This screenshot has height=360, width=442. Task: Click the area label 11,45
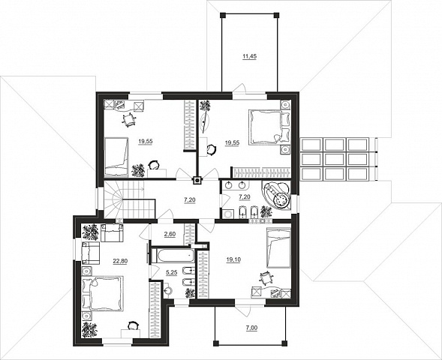pyautogui.click(x=249, y=56)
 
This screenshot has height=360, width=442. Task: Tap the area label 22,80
pyautogui.click(x=120, y=261)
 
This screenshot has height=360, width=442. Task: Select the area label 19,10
pyautogui.click(x=233, y=260)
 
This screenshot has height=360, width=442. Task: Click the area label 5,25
pyautogui.click(x=171, y=272)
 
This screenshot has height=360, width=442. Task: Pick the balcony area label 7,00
pyautogui.click(x=251, y=328)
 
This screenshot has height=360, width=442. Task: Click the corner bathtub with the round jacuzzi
pyautogui.click(x=276, y=195)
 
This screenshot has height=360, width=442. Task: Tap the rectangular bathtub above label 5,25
pyautogui.click(x=173, y=256)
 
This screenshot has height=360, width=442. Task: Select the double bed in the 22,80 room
pyautogui.click(x=103, y=293)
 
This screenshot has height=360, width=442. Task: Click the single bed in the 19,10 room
pyautogui.click(x=278, y=247)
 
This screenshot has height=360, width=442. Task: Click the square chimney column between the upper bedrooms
pyautogui.click(x=197, y=180)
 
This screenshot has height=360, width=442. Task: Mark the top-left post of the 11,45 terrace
pyautogui.click(x=222, y=15)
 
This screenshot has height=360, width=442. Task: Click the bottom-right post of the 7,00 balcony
pyautogui.click(x=284, y=343)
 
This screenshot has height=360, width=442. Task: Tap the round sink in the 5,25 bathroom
pyautogui.click(x=168, y=290)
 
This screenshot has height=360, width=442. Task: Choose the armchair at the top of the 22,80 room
pyautogui.click(x=113, y=232)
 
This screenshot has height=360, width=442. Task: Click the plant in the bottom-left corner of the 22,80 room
pyautogui.click(x=90, y=329)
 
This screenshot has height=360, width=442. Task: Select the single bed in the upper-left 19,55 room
pyautogui.click(x=116, y=157)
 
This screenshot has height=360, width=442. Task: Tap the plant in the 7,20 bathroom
pyautogui.click(x=266, y=211)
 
